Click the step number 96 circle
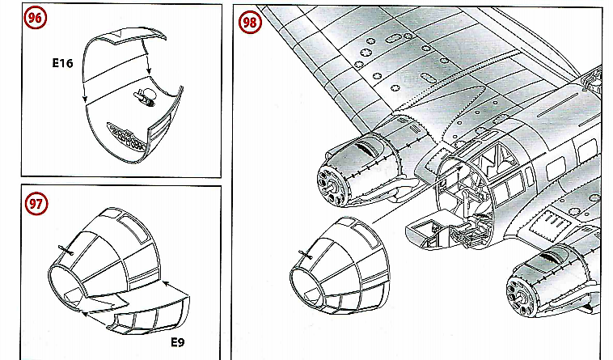(36, 18)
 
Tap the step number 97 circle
(36, 204)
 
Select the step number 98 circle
(250, 23)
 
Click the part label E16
(62, 63)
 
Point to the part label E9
(178, 342)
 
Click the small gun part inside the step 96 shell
(145, 97)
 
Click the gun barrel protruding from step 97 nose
(66, 251)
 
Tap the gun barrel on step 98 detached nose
(306, 255)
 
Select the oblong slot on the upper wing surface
(425, 77)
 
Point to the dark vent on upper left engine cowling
(364, 148)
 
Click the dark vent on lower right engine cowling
(550, 256)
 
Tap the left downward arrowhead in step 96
(85, 100)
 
